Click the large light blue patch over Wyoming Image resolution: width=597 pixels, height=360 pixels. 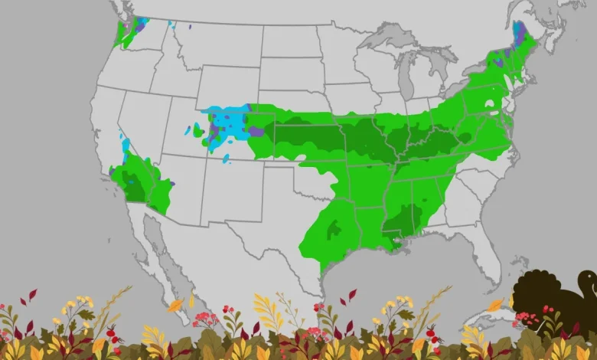click(230, 123)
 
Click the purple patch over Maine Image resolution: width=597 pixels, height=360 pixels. click(519, 33)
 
